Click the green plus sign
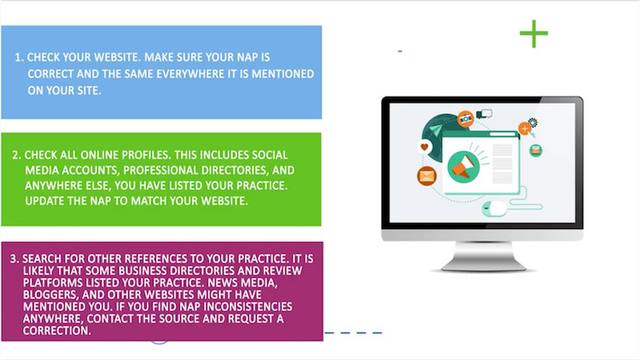pos(534,34)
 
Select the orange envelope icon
pos(427,176)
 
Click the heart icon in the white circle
pos(425,146)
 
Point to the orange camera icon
pos(465,119)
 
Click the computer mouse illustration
pos(494,209)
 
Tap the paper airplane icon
pos(435,130)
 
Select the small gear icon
pos(533,122)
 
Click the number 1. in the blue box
pos(19,57)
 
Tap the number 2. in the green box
pos(16,155)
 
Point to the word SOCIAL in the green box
pos(270,155)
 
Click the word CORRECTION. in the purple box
pos(57,331)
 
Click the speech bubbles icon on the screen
pos(484,114)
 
